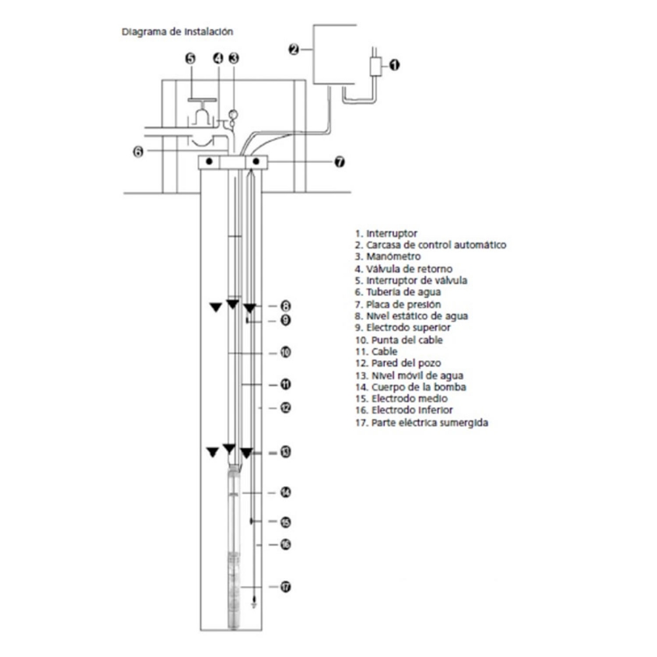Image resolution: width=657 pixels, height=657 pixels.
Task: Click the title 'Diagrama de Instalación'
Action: pyautogui.click(x=177, y=32)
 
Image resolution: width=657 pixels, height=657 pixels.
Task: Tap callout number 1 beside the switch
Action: pyautogui.click(x=394, y=65)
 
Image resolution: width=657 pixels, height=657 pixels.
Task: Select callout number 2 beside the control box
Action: pyautogui.click(x=294, y=49)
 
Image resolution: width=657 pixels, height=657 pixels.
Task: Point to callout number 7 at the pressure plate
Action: pyautogui.click(x=340, y=162)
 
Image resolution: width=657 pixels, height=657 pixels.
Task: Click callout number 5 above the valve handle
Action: pyautogui.click(x=191, y=58)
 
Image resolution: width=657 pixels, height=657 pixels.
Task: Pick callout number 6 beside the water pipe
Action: pyautogui.click(x=138, y=151)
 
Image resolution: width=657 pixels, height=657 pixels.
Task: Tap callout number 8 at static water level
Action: pyautogui.click(x=285, y=306)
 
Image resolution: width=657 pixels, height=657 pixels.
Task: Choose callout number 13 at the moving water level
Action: pyautogui.click(x=285, y=452)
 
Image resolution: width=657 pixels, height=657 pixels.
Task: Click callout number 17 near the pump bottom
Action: pyautogui.click(x=285, y=587)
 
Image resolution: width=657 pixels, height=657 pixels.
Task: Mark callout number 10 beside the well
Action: pyautogui.click(x=285, y=352)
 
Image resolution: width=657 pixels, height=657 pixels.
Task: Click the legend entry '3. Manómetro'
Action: pyautogui.click(x=388, y=256)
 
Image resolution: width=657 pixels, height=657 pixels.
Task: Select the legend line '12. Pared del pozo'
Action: pyautogui.click(x=398, y=363)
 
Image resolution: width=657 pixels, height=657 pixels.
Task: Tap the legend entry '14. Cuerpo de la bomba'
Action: pyautogui.click(x=411, y=387)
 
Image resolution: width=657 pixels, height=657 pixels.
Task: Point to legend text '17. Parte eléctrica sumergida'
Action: pyautogui.click(x=422, y=422)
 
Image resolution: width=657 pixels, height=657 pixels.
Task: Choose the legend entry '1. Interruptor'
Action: pyautogui.click(x=386, y=233)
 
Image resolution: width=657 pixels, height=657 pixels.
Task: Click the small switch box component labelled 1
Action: pyautogui.click(x=375, y=66)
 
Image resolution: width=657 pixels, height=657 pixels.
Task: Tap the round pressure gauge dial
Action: pyautogui.click(x=233, y=114)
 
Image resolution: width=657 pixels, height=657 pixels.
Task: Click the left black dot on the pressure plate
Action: pyautogui.click(x=209, y=162)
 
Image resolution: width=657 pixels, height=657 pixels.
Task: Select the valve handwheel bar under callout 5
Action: pyautogui.click(x=202, y=100)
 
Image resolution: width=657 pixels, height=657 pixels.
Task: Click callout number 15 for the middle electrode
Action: pyautogui.click(x=285, y=522)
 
